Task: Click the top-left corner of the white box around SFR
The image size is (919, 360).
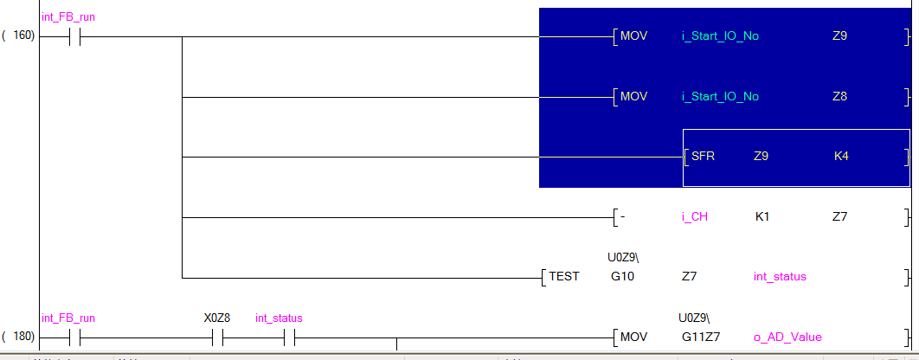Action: tap(684, 130)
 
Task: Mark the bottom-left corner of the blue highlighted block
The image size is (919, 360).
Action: tap(539, 188)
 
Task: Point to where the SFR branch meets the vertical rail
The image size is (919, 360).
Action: tap(183, 157)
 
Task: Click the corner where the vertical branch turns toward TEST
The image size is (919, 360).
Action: tap(183, 278)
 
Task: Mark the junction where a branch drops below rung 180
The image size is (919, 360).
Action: tap(397, 338)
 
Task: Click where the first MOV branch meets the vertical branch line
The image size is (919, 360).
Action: tap(183, 36)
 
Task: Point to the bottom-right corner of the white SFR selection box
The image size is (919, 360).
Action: tap(910, 186)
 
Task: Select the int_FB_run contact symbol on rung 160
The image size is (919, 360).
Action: tap(74, 37)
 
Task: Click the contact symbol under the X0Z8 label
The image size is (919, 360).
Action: tap(217, 338)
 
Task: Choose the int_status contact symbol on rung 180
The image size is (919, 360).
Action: tap(289, 338)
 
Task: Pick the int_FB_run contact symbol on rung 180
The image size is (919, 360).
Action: tap(74, 338)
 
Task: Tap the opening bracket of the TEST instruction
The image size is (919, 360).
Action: tap(544, 277)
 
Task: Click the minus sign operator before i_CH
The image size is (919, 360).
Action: tap(622, 217)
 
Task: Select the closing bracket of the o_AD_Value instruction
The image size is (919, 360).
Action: tap(907, 337)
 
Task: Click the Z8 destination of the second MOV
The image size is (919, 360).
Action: tap(840, 96)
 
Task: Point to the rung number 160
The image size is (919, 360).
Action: tap(23, 36)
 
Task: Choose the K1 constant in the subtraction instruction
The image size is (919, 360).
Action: tap(762, 217)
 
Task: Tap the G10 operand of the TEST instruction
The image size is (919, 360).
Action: tap(622, 276)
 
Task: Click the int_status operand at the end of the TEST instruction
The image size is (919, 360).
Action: tap(780, 276)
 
